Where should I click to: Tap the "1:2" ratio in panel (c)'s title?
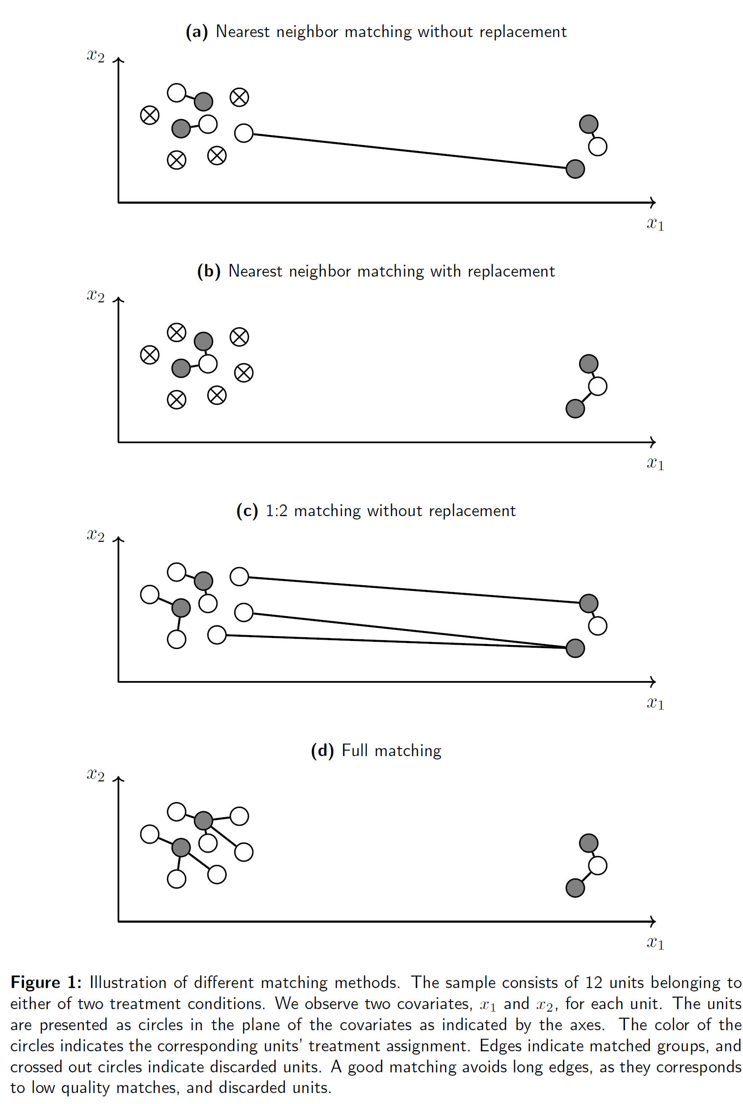tap(276, 511)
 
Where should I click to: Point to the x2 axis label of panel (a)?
tap(95, 56)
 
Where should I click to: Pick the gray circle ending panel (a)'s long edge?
tap(575, 169)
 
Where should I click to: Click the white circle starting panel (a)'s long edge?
tap(244, 133)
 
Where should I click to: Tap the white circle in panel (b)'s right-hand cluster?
tap(598, 386)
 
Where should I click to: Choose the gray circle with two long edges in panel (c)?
tap(575, 648)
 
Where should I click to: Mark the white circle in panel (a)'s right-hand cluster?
tap(598, 146)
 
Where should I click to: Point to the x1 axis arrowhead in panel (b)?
tap(653, 442)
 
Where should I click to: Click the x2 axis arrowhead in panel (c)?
tap(118, 539)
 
